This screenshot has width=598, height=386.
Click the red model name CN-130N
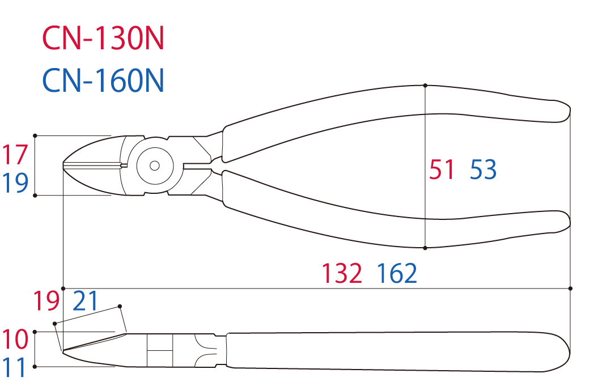pyautogui.click(x=103, y=38)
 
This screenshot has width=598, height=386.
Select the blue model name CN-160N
pyautogui.click(x=103, y=80)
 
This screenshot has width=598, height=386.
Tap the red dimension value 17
pyautogui.click(x=15, y=155)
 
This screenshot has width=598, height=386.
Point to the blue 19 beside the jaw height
pyautogui.click(x=15, y=183)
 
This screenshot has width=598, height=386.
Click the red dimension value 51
pyautogui.click(x=442, y=169)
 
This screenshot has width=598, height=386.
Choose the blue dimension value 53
pyautogui.click(x=483, y=169)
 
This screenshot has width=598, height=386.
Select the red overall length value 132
pyautogui.click(x=342, y=273)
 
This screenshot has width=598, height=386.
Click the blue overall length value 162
pyautogui.click(x=397, y=273)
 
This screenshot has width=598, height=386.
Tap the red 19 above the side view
pyautogui.click(x=46, y=301)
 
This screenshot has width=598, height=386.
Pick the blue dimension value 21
pyautogui.click(x=86, y=301)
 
